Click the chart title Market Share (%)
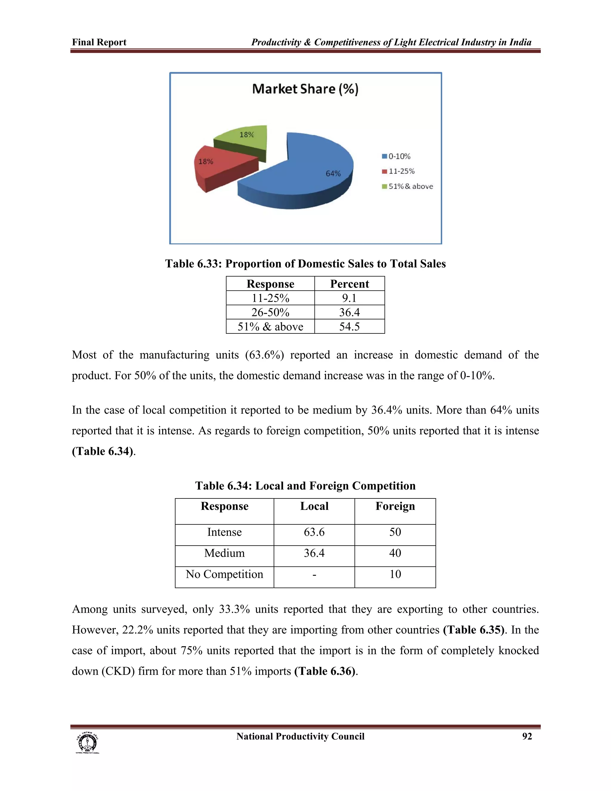pos(305,89)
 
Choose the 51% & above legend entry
pos(408,187)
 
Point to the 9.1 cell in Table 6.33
pos(349,298)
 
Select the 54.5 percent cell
pos(349,327)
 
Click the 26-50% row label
pos(270,312)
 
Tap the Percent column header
pos(349,284)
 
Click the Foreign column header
pos(395,506)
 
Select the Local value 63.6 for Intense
pos(314,532)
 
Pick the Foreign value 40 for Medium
pos(395,553)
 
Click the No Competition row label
pos(224,574)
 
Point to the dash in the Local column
pos(314,574)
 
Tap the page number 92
pos(527,736)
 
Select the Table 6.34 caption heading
pos(305,486)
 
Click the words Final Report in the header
pos(99,42)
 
